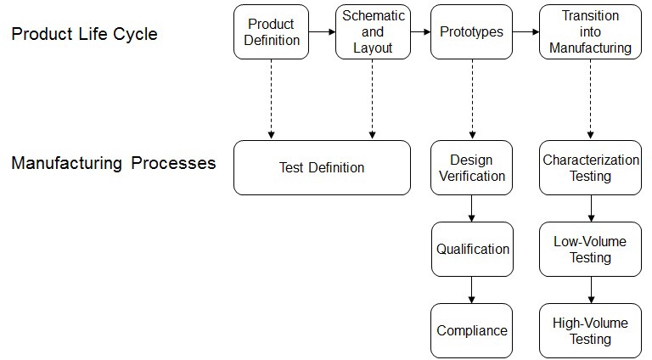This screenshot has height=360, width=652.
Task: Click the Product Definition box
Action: click(x=271, y=32)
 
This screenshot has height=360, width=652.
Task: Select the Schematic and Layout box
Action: click(x=372, y=32)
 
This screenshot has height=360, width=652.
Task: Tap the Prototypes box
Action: click(x=471, y=32)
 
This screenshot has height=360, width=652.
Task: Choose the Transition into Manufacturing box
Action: click(x=590, y=32)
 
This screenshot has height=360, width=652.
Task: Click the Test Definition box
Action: click(x=322, y=167)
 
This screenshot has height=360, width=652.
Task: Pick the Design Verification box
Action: click(x=471, y=167)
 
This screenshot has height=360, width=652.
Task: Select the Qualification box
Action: click(x=472, y=249)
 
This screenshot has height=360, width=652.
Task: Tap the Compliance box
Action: click(x=471, y=330)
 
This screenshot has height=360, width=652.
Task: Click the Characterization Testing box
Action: click(x=590, y=167)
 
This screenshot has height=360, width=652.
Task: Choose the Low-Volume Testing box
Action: click(x=590, y=249)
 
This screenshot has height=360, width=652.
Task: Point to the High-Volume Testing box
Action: click(x=590, y=330)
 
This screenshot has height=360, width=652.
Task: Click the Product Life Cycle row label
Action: click(x=84, y=35)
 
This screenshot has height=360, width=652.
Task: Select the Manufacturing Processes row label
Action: click(x=113, y=163)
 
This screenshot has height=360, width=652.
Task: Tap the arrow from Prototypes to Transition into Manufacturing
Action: click(x=526, y=32)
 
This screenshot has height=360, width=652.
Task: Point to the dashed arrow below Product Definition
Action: click(x=271, y=98)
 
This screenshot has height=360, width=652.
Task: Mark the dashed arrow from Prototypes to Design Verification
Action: click(x=471, y=98)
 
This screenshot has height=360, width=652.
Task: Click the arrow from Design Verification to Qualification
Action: click(x=471, y=208)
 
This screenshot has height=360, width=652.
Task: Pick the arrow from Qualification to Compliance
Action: click(x=471, y=290)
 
